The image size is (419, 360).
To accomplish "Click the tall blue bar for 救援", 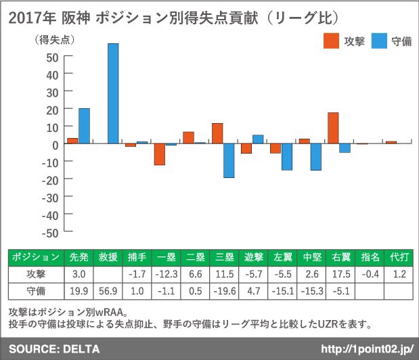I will pos(113,93).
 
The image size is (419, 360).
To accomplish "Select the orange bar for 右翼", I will pos(333,128).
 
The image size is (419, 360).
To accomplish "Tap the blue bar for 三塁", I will pos(229,160).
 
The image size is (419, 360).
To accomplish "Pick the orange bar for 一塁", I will pos(160,154).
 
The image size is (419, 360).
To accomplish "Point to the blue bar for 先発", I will pos(84,126).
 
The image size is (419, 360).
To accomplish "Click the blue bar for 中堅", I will pos(316,157).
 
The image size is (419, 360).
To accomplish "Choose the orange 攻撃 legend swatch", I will pos(330,41).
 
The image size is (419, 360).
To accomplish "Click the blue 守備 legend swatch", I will pos(380,41).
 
